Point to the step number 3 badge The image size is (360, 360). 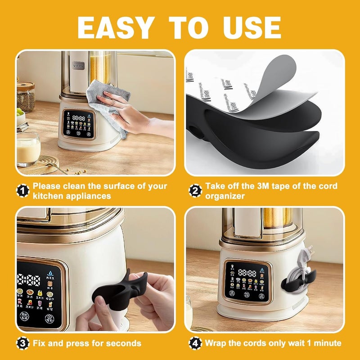[x=23, y=343]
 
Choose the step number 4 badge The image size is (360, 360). [x=195, y=343]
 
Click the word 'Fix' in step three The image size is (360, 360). [x=40, y=343]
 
